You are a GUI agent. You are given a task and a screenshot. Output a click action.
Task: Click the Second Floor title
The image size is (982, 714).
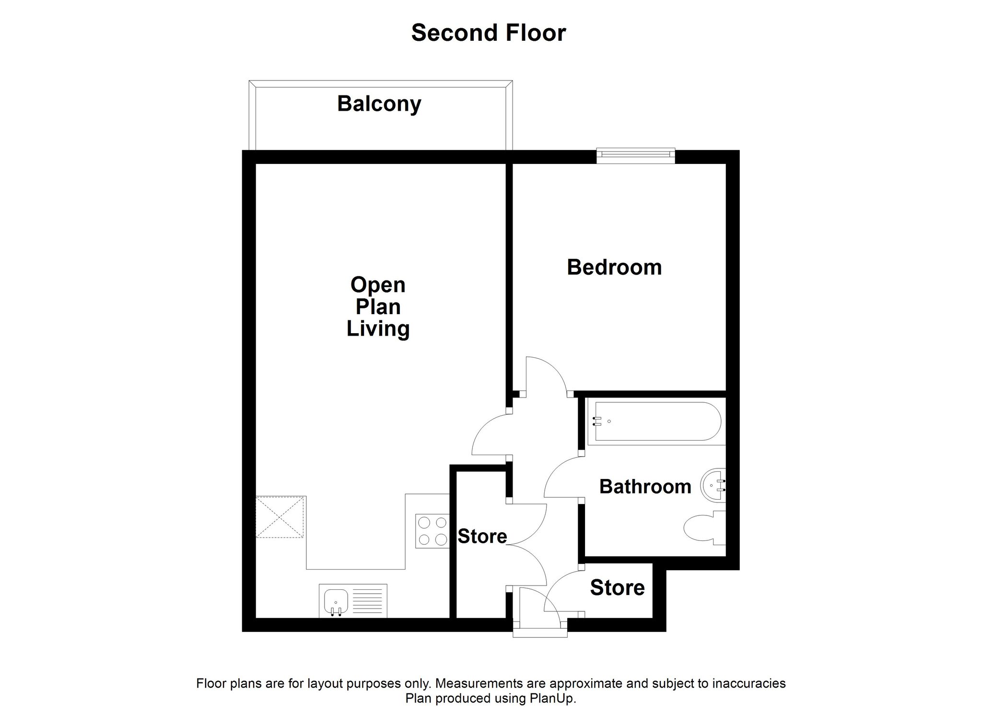489,33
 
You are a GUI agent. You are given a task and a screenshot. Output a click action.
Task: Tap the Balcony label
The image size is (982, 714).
379,104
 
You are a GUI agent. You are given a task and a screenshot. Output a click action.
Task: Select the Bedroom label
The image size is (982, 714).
614,267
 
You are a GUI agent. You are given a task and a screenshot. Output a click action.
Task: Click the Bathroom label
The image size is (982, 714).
645,487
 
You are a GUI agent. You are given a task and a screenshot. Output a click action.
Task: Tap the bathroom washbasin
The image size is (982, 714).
713,485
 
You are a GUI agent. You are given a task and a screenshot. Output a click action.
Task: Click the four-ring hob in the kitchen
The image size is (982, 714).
432,531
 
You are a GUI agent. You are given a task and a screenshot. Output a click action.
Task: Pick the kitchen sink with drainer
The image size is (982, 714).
353,601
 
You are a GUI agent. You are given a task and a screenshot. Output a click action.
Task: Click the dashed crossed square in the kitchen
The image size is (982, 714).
280,517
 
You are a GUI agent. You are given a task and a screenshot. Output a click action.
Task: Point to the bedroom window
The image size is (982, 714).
636,153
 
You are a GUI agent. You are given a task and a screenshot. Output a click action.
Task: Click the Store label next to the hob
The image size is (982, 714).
482,537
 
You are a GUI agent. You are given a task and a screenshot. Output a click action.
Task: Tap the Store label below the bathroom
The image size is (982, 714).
617,588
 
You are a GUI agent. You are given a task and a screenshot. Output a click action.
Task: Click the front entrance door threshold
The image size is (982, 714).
540,633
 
